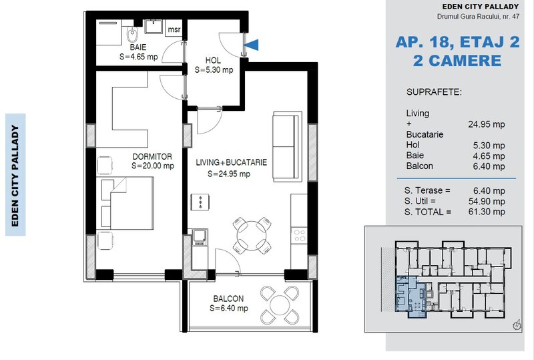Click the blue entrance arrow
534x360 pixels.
pyautogui.click(x=253, y=45)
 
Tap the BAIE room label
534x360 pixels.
pyautogui.click(x=138, y=47)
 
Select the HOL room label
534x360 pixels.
pyautogui.click(x=213, y=60)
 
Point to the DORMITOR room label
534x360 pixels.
pyautogui.click(x=152, y=156)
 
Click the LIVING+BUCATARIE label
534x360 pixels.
pyautogui.click(x=231, y=162)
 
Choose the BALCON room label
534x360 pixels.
pyautogui.click(x=228, y=299)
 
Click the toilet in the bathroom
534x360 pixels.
pyautogui.click(x=132, y=35)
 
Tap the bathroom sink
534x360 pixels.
pyautogui.click(x=154, y=27)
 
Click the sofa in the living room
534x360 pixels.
pyautogui.click(x=287, y=146)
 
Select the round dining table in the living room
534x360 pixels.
pyautogui.click(x=252, y=236)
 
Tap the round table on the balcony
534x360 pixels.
pyautogui.click(x=280, y=305)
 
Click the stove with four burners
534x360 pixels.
pyautogui.click(x=299, y=236)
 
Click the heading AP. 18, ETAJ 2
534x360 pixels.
pyautogui.click(x=457, y=42)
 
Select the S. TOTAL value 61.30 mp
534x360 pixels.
pyautogui.click(x=487, y=212)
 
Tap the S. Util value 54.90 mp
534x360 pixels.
pyautogui.click(x=487, y=201)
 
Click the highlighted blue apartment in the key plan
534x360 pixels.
pyautogui.click(x=411, y=297)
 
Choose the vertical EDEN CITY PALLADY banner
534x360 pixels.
pyautogui.click(x=15, y=175)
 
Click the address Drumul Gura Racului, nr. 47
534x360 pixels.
pyautogui.click(x=478, y=16)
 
